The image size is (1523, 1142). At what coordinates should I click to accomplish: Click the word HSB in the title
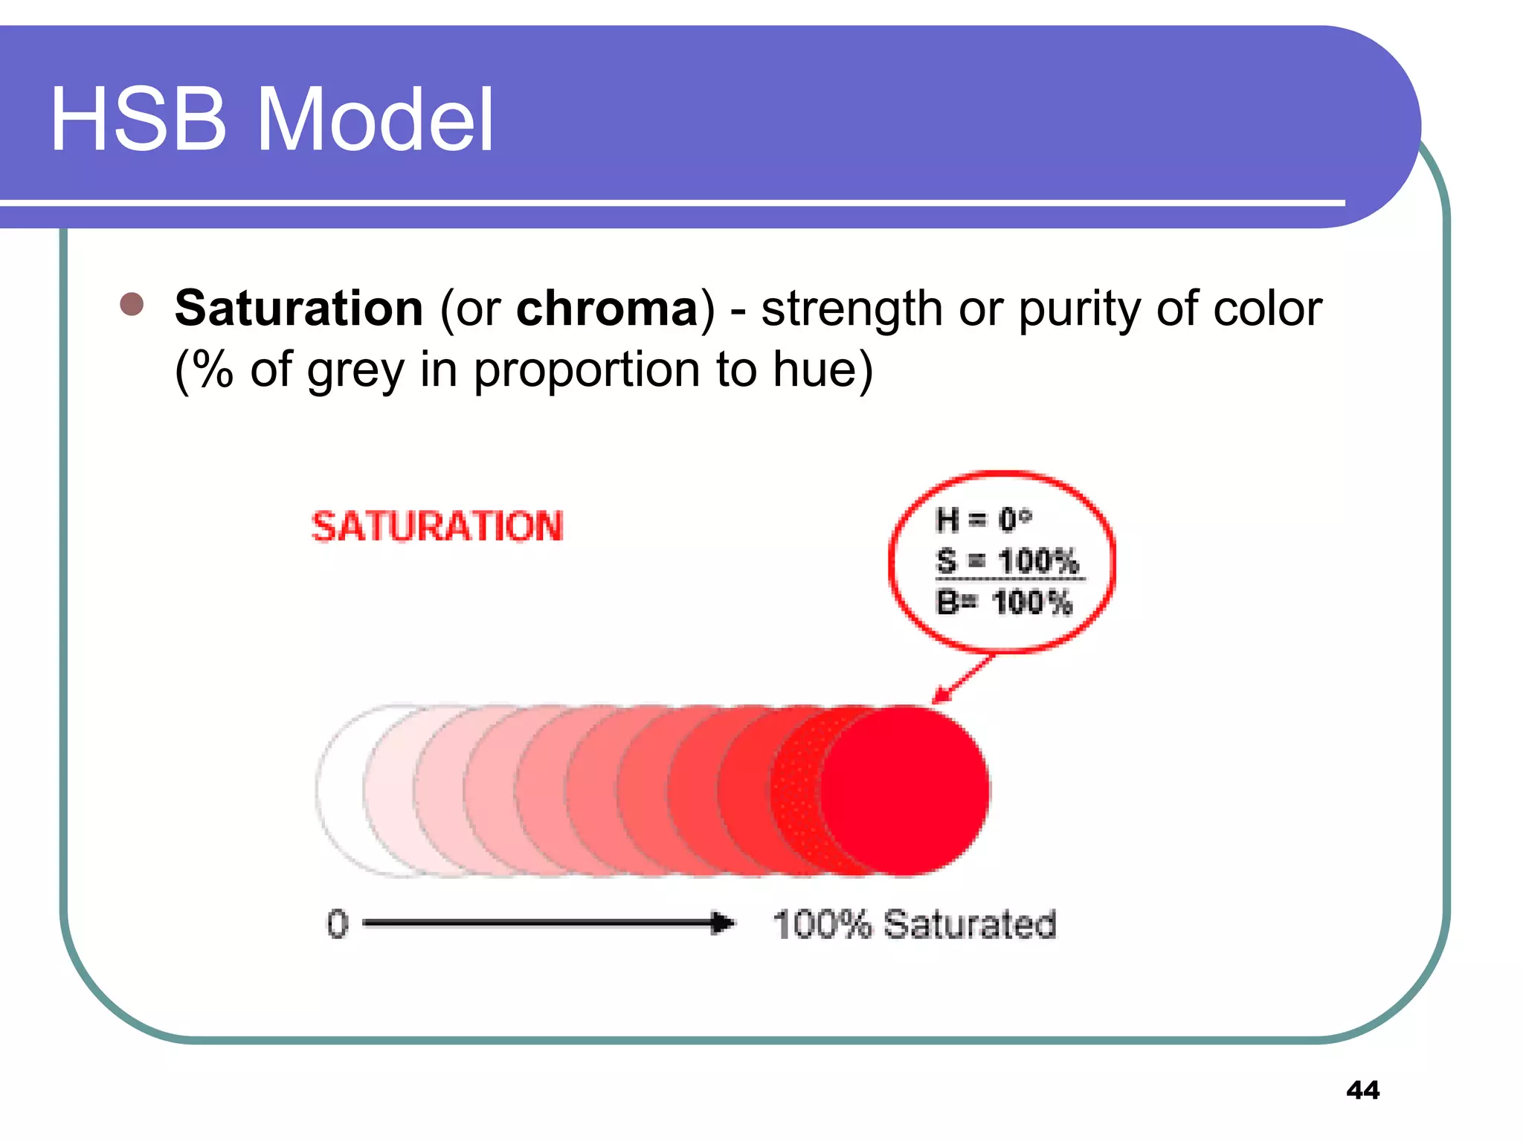click(x=138, y=120)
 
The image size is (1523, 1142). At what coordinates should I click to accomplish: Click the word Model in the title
click(x=375, y=120)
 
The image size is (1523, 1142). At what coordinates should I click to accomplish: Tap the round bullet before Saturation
click(x=132, y=304)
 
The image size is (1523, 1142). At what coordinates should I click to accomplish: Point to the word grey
click(x=355, y=370)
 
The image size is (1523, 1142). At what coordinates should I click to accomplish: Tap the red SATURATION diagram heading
click(x=437, y=526)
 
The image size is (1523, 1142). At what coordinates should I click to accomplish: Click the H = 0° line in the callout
click(x=983, y=520)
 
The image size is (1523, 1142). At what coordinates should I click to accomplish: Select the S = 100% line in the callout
click(x=1007, y=561)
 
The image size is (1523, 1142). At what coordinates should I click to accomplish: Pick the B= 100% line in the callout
click(x=1004, y=602)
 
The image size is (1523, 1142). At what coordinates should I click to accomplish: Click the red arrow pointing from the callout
click(x=963, y=679)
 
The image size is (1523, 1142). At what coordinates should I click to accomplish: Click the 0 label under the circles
click(x=338, y=924)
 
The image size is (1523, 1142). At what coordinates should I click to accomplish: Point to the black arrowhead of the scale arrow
click(x=721, y=923)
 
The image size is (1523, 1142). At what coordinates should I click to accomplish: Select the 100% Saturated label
click(x=914, y=924)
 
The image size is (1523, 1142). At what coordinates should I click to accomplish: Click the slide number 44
click(x=1362, y=1090)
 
